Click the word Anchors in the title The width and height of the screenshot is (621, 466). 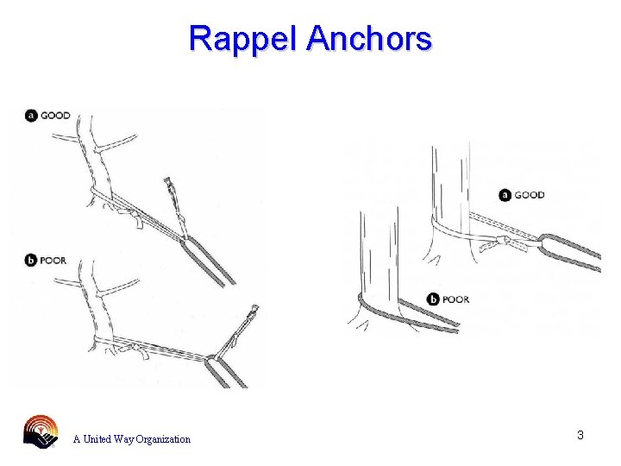click(x=368, y=39)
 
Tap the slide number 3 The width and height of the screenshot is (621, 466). click(x=580, y=435)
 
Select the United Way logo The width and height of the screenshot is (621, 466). click(x=41, y=431)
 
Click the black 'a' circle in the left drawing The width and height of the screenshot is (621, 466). click(x=31, y=116)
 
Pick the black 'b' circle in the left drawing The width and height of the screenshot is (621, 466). click(x=31, y=261)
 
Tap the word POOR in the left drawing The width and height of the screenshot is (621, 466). click(x=53, y=261)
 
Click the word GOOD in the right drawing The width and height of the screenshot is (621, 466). click(x=529, y=195)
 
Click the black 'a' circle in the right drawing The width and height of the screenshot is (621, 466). click(x=505, y=195)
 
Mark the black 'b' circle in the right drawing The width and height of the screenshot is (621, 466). click(x=433, y=299)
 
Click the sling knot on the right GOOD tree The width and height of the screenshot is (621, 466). click(x=499, y=241)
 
